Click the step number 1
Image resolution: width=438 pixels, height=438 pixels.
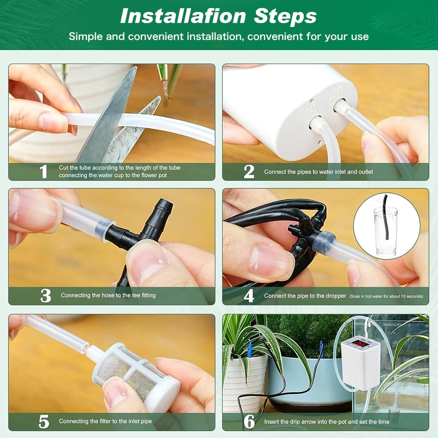pyautogui.click(x=43, y=172)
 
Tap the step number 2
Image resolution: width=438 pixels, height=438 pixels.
pyautogui.click(x=249, y=172)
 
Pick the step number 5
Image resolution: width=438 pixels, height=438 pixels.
pyautogui.click(x=44, y=422)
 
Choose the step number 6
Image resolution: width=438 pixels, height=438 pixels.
pyautogui.click(x=249, y=422)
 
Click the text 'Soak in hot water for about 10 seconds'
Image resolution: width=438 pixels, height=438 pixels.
pyautogui.click(x=386, y=296)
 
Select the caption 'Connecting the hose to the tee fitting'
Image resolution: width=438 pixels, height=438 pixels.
pyautogui.click(x=108, y=295)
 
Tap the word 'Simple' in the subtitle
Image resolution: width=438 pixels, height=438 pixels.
pyautogui.click(x=86, y=36)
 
